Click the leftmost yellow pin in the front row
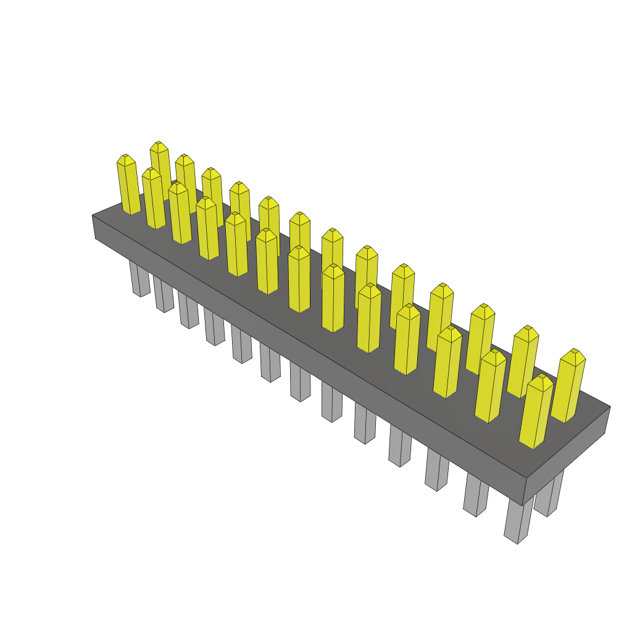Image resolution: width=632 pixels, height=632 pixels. pos(128,185)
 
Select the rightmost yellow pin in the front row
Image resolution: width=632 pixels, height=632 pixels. pos(536,412)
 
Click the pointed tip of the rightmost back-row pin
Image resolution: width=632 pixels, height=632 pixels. pos(575,351)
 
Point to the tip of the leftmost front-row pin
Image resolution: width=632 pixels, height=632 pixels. pos(125,156)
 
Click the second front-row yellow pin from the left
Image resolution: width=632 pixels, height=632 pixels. pos(154,199)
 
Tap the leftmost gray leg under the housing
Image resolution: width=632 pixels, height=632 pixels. pos(139,280)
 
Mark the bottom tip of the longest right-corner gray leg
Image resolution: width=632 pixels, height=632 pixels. pos(517,541)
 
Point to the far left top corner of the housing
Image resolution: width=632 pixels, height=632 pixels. pos(93,216)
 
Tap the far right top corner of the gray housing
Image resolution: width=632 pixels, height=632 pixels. pos(610,407)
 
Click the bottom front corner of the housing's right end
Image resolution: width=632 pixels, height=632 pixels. pos(523,504)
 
